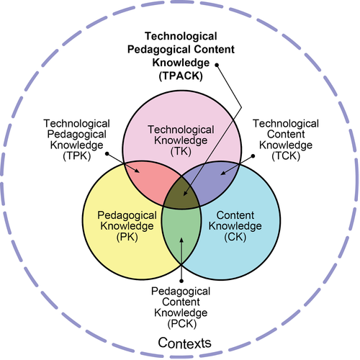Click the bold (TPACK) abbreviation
(x=181, y=76)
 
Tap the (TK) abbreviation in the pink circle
(x=181, y=151)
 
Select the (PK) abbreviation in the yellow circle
(x=127, y=237)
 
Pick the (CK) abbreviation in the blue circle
(x=235, y=237)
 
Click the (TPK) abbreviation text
(x=77, y=156)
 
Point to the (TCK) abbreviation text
(x=286, y=156)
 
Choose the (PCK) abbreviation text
(x=182, y=323)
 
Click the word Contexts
(x=184, y=343)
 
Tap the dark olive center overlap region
(x=181, y=193)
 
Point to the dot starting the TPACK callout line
(x=217, y=65)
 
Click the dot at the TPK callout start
(x=107, y=153)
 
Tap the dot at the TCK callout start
(x=253, y=156)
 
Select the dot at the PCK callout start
(x=181, y=281)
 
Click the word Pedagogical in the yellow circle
(x=127, y=216)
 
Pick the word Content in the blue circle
(x=235, y=215)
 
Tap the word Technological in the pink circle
(x=181, y=130)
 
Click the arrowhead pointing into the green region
(x=181, y=240)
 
